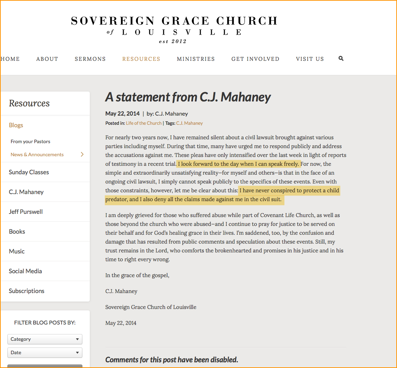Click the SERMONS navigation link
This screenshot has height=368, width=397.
[x=90, y=59]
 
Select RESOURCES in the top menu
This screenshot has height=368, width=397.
[x=141, y=59]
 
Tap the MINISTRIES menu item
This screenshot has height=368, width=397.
[x=196, y=59]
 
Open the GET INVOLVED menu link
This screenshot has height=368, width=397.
[x=255, y=59]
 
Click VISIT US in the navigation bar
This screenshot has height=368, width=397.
[x=310, y=59]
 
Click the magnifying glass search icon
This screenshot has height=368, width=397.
[x=341, y=58]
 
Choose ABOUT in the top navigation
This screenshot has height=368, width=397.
[x=47, y=59]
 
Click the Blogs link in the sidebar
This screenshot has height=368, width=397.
[x=16, y=125]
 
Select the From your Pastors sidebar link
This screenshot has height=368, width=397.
[x=30, y=141]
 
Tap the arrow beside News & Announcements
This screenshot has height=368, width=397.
[x=82, y=154]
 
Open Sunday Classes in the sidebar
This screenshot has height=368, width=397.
[x=29, y=172]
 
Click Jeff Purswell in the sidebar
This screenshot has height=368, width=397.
[x=26, y=212]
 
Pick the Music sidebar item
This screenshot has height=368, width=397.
[x=17, y=251]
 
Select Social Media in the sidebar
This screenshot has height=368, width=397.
[x=25, y=271]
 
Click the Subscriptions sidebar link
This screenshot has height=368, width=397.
[x=27, y=291]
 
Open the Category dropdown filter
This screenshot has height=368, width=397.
[x=45, y=339]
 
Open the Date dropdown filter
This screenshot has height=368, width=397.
[x=45, y=352]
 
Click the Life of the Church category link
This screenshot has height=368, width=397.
[x=144, y=123]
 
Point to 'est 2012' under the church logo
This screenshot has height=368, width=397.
[x=173, y=41]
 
